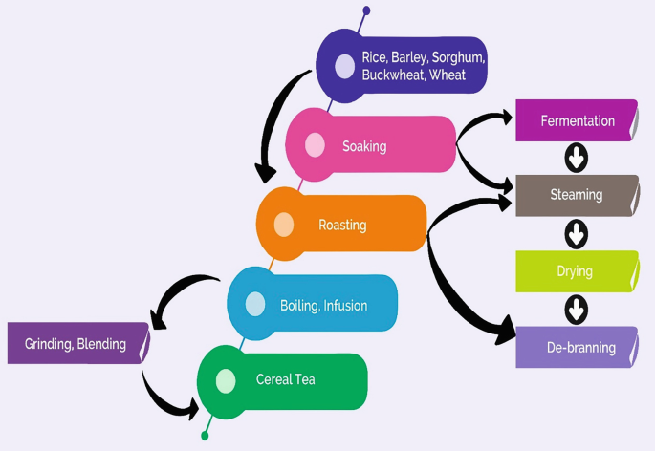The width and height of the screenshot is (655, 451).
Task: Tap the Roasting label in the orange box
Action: point(342,225)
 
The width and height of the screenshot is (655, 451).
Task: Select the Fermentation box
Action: point(577,121)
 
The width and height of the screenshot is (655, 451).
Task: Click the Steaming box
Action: point(577,195)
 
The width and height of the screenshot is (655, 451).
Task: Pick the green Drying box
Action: point(577,271)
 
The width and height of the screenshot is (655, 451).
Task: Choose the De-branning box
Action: point(577,347)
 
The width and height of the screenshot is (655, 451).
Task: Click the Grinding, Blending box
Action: point(77,344)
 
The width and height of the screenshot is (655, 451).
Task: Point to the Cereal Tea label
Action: point(286,379)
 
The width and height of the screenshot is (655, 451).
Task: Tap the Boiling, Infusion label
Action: point(323,306)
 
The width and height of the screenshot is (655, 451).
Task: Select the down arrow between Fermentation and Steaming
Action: point(577,157)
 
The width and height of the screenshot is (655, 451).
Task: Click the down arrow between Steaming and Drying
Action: point(577,232)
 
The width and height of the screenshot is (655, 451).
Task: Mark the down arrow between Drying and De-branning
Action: point(577,309)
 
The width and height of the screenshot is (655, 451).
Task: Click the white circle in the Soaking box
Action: point(315,145)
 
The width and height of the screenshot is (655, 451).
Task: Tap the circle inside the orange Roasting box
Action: point(284,225)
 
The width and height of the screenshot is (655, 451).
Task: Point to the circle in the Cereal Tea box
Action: point(226,380)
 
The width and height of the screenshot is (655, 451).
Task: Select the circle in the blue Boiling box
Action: point(255,304)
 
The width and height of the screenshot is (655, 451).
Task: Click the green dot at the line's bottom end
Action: point(205,436)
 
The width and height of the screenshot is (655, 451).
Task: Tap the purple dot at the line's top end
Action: point(365,11)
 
